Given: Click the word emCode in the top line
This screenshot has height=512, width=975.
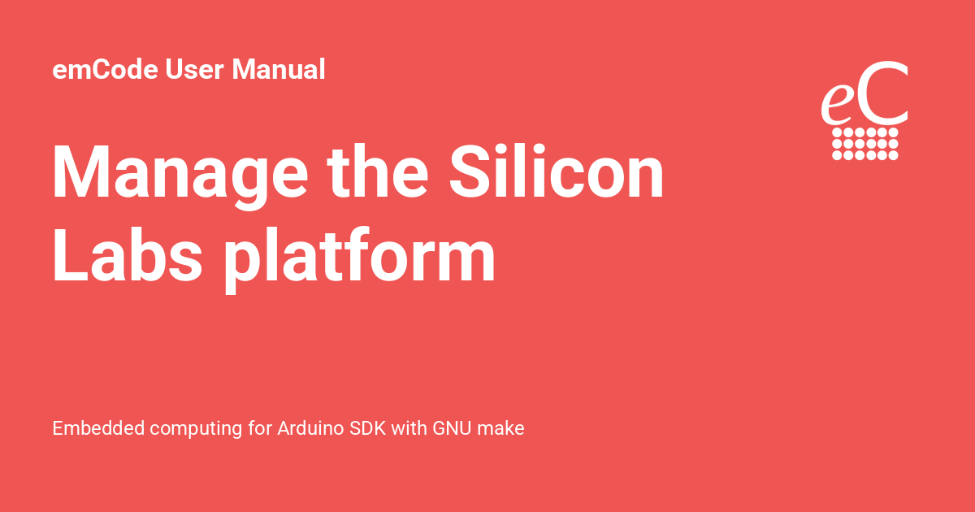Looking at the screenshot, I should (x=106, y=70).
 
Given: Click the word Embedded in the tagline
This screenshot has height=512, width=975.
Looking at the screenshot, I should (x=92, y=428).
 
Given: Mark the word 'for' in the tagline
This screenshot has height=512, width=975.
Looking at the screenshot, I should (x=260, y=428).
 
